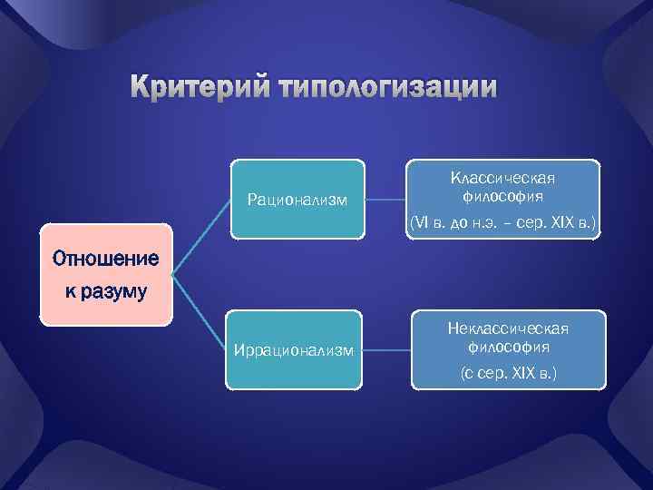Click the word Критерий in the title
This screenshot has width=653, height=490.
(x=197, y=87)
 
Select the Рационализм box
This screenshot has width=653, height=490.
(x=297, y=200)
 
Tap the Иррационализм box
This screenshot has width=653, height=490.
(x=293, y=351)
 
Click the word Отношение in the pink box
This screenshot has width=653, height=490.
(x=105, y=259)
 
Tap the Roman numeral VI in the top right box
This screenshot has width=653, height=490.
(x=419, y=221)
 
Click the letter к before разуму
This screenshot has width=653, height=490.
(x=69, y=294)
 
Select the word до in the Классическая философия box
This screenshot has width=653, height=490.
(x=462, y=221)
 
